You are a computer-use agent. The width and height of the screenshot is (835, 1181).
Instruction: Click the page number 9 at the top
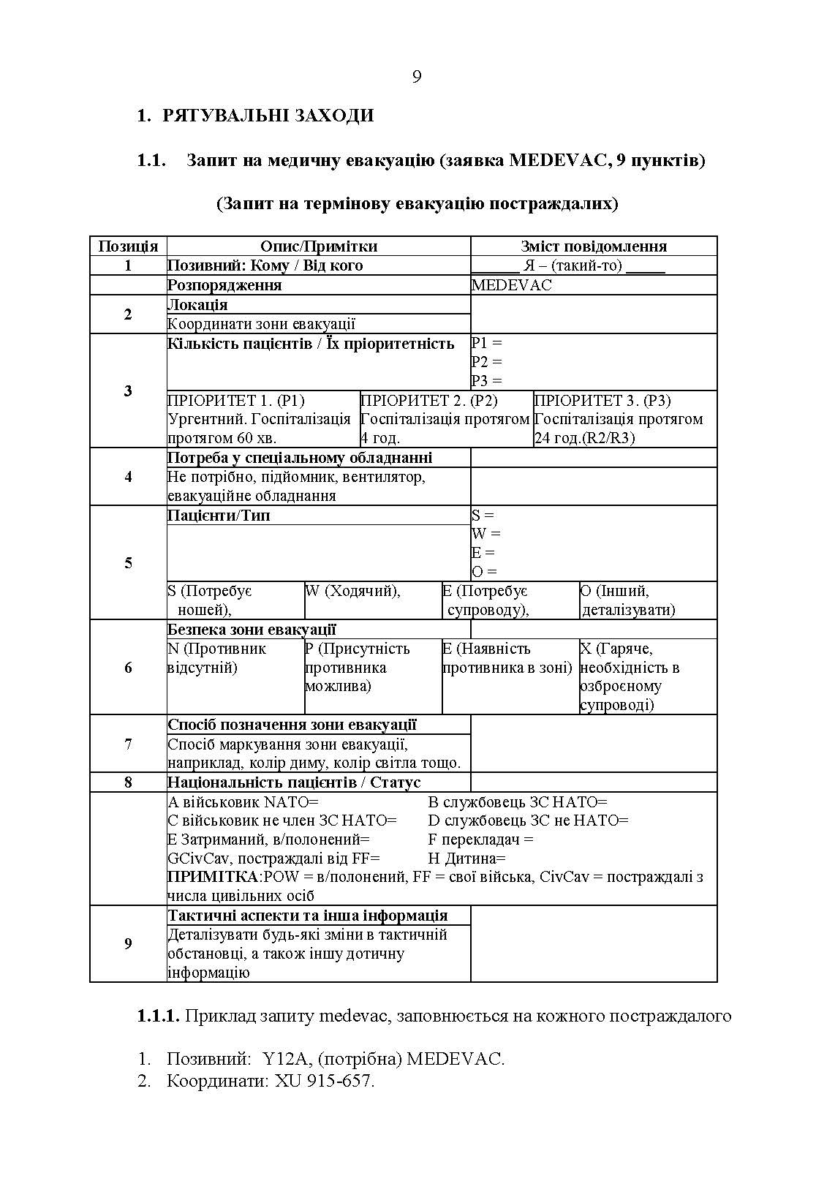(417, 77)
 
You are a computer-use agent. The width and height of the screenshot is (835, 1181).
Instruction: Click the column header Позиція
(128, 246)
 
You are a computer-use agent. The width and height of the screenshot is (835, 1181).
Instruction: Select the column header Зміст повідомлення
(593, 246)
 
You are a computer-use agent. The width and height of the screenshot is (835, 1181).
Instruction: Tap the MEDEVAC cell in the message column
(511, 285)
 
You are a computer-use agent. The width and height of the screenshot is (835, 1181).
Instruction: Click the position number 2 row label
(128, 314)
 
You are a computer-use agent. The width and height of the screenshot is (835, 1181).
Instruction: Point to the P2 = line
(487, 362)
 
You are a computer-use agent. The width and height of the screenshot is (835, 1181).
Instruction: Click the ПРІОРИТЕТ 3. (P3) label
(602, 401)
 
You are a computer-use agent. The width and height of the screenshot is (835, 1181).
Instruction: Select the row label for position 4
(128, 477)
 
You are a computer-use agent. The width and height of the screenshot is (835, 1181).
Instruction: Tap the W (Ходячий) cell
(352, 591)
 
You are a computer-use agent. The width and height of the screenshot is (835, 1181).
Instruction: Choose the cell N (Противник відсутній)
(216, 658)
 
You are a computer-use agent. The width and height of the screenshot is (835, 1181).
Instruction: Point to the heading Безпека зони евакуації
(252, 630)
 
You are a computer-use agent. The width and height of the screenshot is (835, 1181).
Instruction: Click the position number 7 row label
(128, 744)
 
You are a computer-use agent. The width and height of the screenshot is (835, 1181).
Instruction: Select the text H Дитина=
(466, 859)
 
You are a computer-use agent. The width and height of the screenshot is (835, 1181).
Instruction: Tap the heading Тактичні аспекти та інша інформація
(308, 916)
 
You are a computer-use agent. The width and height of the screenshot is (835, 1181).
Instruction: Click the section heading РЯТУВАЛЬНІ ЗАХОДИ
(268, 116)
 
